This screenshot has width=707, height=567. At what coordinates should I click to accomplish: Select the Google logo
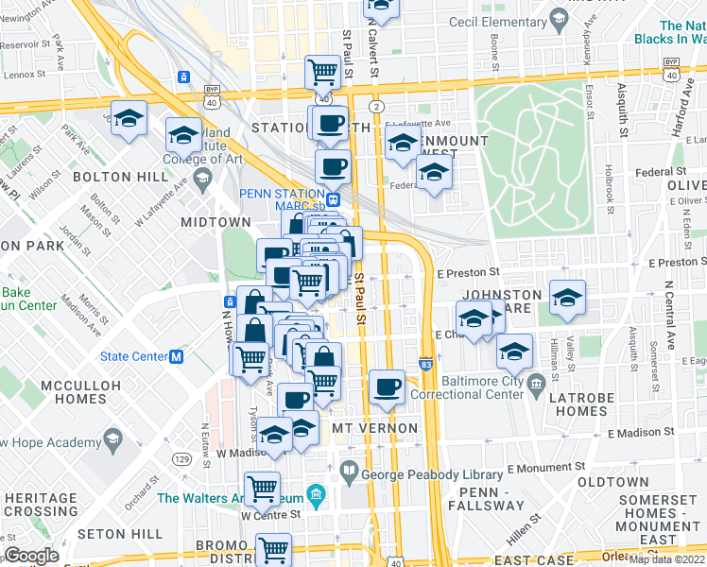pyautogui.click(x=31, y=555)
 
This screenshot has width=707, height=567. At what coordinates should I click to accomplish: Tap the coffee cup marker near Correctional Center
pyautogui.click(x=386, y=387)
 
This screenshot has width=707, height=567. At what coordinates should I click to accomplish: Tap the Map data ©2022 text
pyautogui.click(x=666, y=559)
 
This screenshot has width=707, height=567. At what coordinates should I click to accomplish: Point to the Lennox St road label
pyautogui.click(x=26, y=74)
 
